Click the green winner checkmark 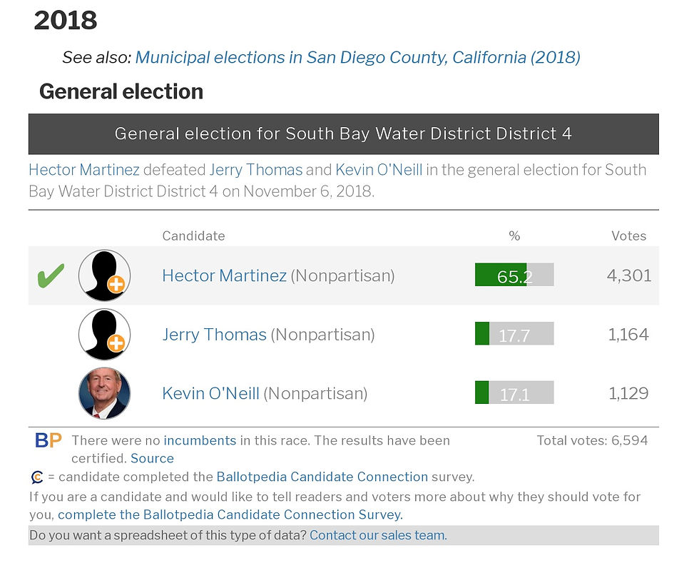click(50, 275)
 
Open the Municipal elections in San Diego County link click(357, 57)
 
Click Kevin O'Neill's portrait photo click(104, 393)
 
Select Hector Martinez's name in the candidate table click(224, 275)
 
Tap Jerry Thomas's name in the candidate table click(214, 334)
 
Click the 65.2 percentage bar click(514, 275)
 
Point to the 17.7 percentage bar click(514, 334)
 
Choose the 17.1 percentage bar click(514, 393)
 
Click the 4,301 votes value click(628, 275)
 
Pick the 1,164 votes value click(628, 334)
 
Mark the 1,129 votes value click(628, 393)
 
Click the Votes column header click(628, 235)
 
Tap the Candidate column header click(193, 235)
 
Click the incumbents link click(200, 440)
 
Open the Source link click(152, 458)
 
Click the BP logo click(49, 440)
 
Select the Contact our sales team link click(378, 535)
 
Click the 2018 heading click(66, 21)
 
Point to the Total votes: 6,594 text click(592, 440)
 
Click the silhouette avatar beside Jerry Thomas click(104, 334)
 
